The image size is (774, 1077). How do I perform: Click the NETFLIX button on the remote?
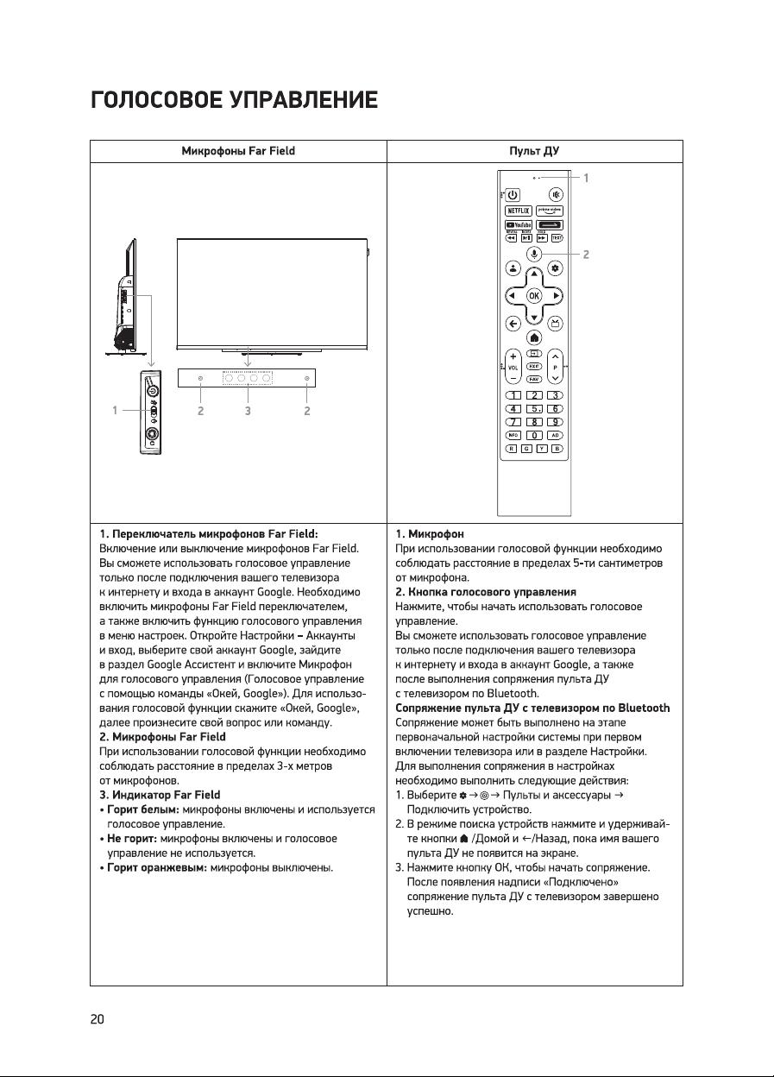[x=517, y=210]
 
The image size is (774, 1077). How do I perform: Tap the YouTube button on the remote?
[x=517, y=225]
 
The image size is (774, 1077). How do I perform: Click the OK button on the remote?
[x=534, y=295]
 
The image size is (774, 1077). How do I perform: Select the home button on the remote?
[x=534, y=337]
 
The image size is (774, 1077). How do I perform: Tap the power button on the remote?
[x=512, y=194]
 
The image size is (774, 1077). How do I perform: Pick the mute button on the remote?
[x=556, y=194]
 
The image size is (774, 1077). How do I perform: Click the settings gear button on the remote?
[x=556, y=268]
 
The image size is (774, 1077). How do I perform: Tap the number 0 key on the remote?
[x=534, y=435]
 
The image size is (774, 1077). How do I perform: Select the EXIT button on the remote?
[x=534, y=367]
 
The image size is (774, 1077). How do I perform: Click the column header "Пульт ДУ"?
[x=534, y=151]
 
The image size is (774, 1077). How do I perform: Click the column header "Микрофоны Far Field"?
[x=238, y=151]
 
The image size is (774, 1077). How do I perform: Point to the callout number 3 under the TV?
[x=248, y=411]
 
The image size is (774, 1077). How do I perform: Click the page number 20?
[x=97, y=1019]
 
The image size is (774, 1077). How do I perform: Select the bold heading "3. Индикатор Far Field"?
[x=160, y=795]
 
